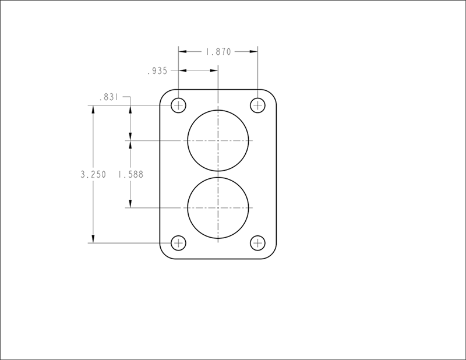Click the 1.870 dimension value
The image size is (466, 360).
click(x=218, y=52)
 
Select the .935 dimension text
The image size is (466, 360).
click(x=157, y=71)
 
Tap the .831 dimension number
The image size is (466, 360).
click(x=109, y=97)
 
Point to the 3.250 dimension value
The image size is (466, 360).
click(x=93, y=175)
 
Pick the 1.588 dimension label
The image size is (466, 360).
click(x=130, y=175)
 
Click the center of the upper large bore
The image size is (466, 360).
click(x=218, y=140)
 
